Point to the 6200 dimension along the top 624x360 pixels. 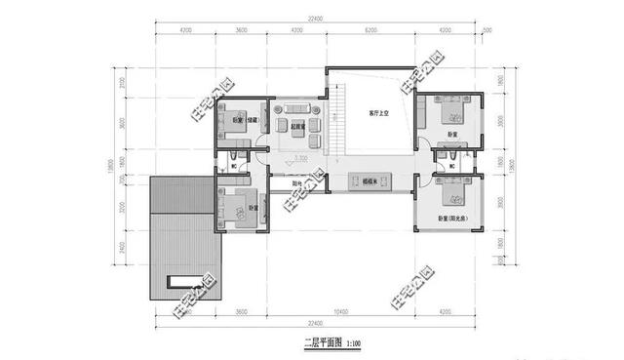click(370, 31)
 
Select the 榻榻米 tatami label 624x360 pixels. click(370, 181)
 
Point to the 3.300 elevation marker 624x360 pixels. click(302, 157)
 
